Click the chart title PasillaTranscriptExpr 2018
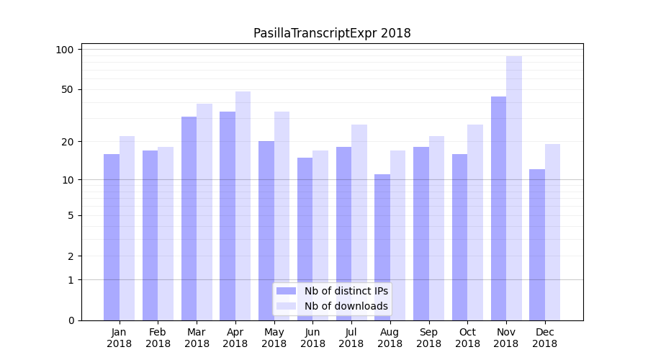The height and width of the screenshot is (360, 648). click(332, 33)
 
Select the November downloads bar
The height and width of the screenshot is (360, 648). click(514, 188)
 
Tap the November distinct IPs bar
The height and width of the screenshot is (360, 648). click(498, 208)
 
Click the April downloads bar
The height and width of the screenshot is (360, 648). click(243, 206)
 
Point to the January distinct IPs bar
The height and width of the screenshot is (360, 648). click(112, 237)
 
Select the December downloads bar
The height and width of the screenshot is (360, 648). click(552, 232)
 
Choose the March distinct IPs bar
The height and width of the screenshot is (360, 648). click(189, 218)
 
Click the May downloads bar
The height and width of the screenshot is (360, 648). click(282, 216)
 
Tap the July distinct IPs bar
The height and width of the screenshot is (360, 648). click(343, 233)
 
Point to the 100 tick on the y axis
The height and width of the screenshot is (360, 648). click(66, 50)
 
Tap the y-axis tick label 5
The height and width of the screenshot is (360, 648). click(71, 215)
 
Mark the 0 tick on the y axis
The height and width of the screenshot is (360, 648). click(71, 320)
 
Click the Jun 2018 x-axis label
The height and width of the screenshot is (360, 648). click(312, 338)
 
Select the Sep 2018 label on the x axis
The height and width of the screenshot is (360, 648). click(428, 338)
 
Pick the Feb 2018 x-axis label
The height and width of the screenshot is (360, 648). click(158, 338)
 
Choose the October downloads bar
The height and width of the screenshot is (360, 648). click(475, 222)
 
